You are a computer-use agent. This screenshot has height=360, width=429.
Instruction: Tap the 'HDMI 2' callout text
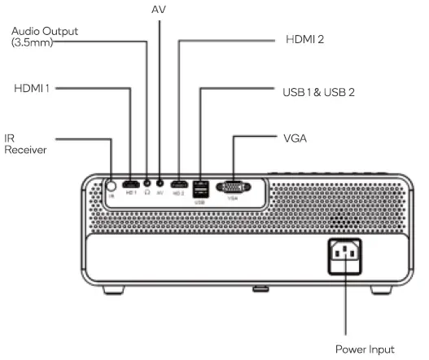304,38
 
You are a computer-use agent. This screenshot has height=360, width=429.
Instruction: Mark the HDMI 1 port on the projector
130,185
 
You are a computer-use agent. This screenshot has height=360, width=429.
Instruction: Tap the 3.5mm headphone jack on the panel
147,185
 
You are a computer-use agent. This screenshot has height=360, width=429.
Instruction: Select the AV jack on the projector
160,185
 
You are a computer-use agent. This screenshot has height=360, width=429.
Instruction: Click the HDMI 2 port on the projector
178,185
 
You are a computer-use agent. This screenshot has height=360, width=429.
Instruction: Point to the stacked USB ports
201,187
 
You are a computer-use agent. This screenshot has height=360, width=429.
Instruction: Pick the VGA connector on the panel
233,187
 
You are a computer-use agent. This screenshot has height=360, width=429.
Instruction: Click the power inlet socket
347,256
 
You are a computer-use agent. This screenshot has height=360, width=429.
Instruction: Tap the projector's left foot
114,288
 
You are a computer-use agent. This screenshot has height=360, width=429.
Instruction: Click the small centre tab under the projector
260,287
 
